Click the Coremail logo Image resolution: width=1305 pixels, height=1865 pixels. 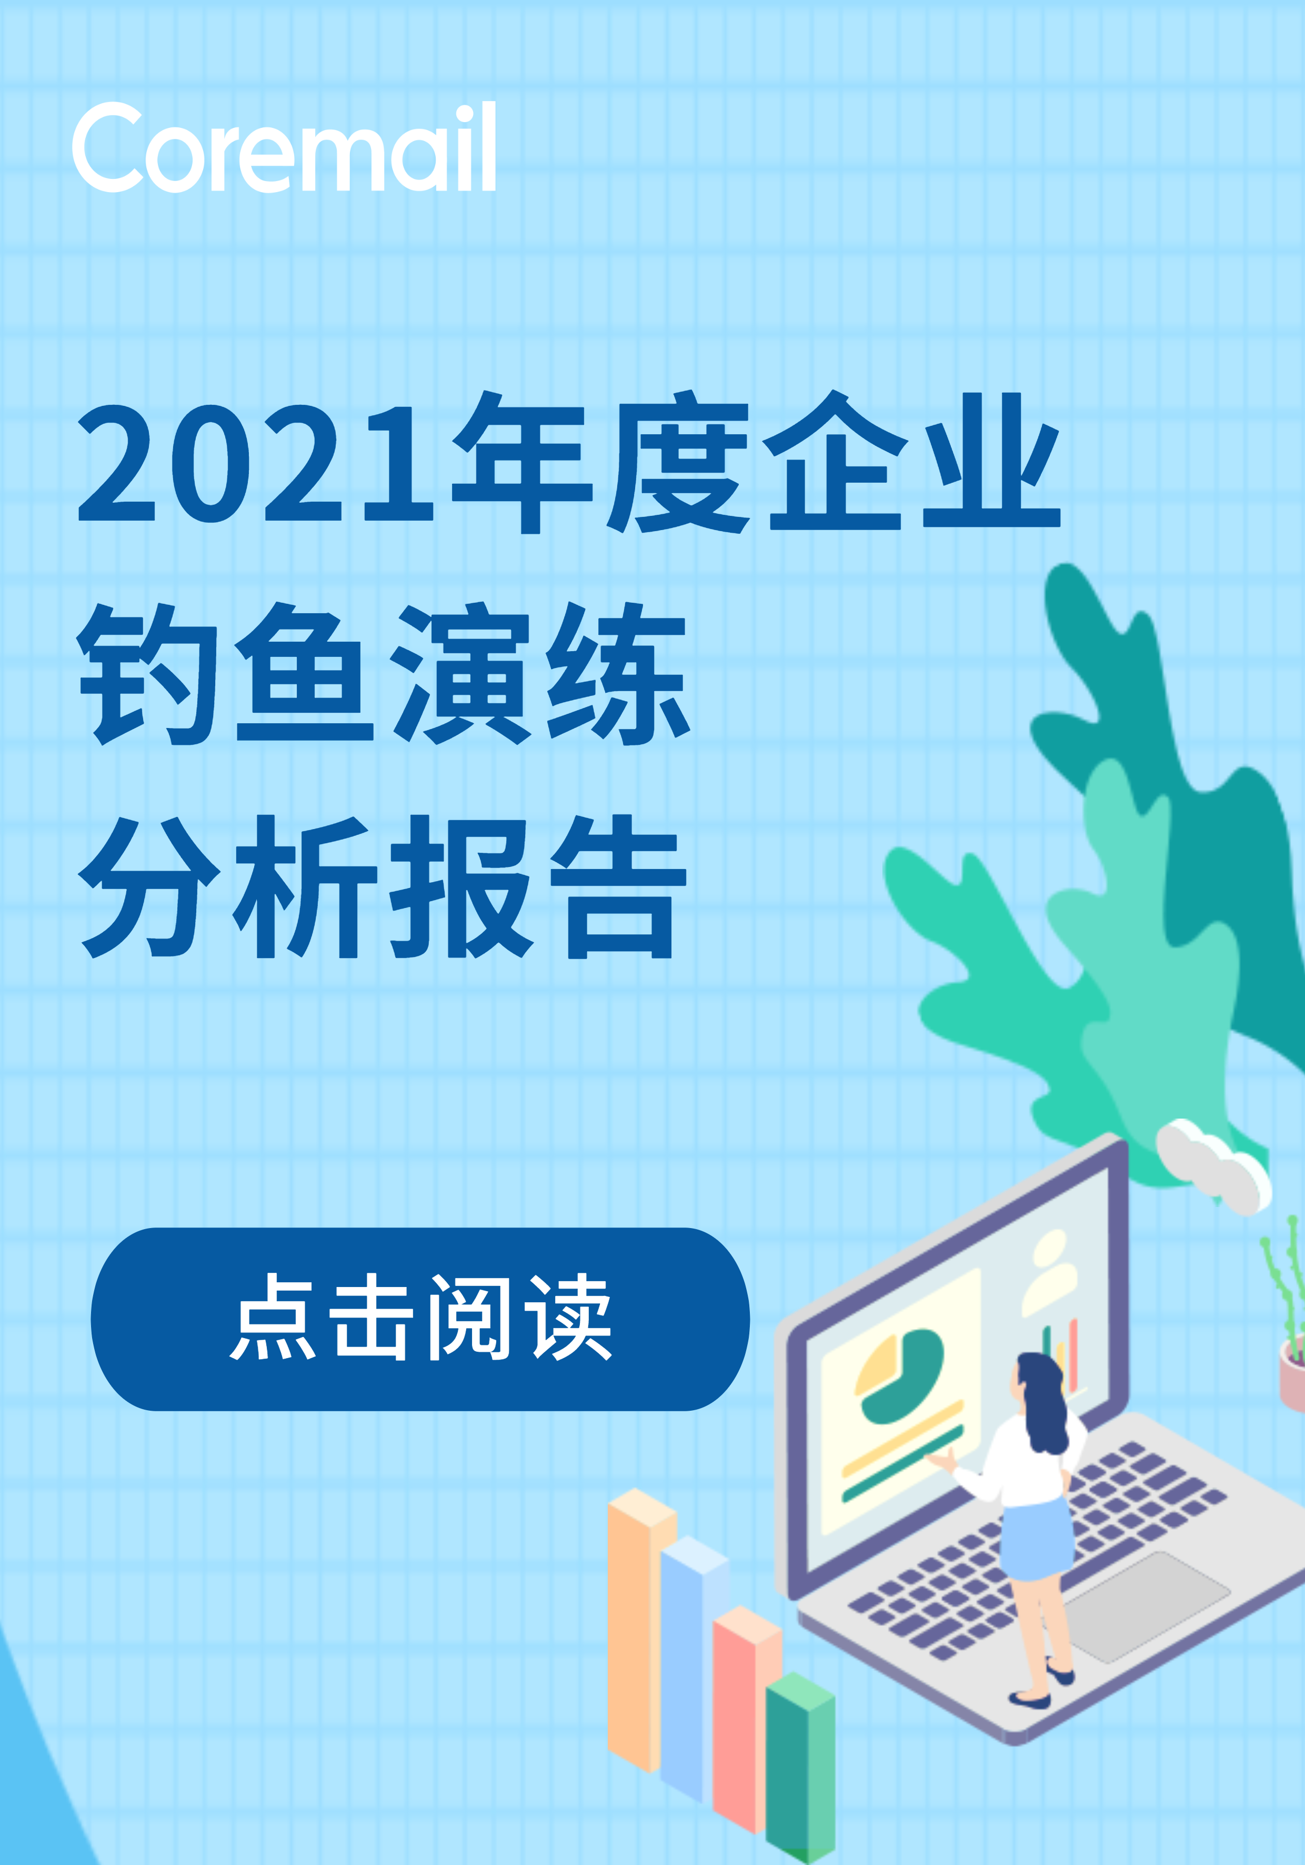284,148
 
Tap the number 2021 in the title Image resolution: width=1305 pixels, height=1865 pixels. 256,463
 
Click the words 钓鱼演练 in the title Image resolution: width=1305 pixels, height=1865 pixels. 383,674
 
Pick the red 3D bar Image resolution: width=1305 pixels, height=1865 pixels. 746,1718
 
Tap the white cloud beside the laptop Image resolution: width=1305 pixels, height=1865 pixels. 1213,1165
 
